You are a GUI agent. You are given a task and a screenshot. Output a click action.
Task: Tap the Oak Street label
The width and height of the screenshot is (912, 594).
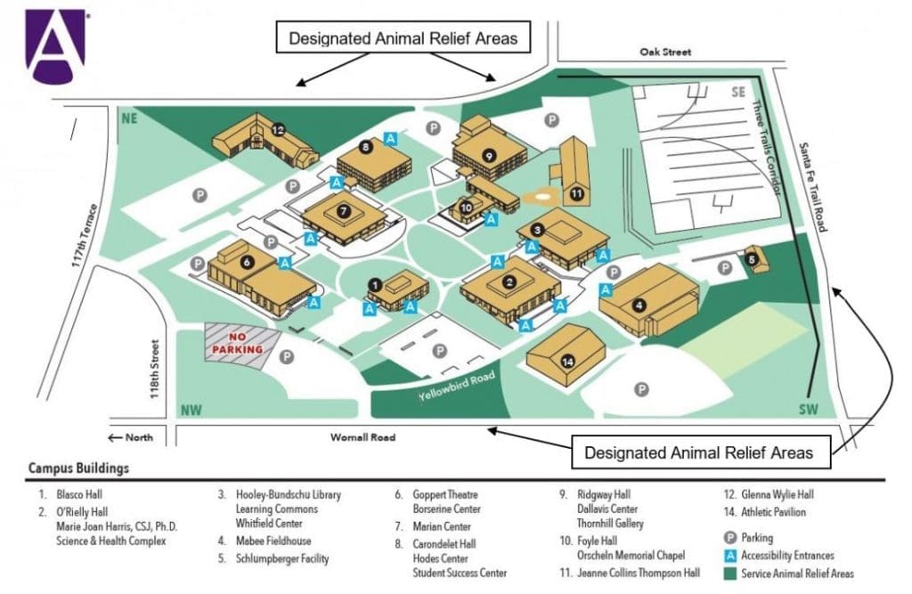(664, 53)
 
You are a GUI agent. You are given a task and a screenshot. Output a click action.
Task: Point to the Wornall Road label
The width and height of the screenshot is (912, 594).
(362, 437)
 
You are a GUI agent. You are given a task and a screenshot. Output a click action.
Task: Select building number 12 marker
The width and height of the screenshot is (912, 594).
(279, 130)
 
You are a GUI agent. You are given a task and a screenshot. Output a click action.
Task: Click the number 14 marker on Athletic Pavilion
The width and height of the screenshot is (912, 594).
(568, 362)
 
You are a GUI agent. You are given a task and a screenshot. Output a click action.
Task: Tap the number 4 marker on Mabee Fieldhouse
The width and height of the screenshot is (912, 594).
(639, 305)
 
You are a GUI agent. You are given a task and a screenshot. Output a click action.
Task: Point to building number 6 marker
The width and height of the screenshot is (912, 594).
(247, 262)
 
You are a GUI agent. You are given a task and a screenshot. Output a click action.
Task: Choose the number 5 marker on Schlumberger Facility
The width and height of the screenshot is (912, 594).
(753, 260)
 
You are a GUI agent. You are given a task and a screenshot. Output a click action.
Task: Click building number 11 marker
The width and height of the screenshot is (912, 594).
(577, 193)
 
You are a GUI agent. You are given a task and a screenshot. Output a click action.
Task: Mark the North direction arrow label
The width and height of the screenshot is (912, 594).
(130, 437)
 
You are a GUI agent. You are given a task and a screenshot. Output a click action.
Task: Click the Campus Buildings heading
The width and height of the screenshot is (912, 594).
(78, 468)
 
